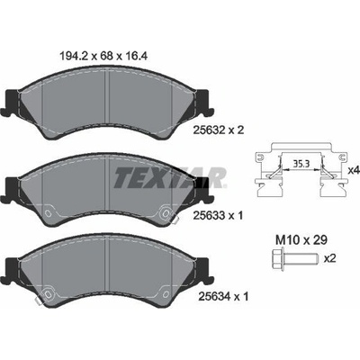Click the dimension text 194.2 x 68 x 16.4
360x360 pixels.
tap(103, 56)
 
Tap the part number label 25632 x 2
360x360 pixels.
tap(219, 130)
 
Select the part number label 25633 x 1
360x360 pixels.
tap(218, 215)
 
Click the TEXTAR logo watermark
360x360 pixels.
tap(170, 177)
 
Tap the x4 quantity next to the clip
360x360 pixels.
tap(354, 171)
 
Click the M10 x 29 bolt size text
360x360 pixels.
tap(301, 239)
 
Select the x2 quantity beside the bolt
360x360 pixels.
tap(330, 258)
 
